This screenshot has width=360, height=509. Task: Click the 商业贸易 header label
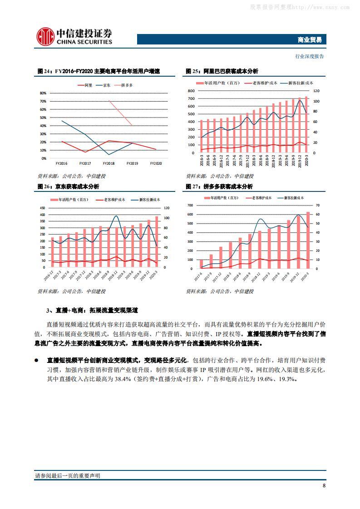(311, 39)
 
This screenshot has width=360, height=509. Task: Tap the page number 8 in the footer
(324, 485)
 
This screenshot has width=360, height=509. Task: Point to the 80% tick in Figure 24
(44, 93)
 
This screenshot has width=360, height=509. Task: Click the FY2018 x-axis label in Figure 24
(108, 163)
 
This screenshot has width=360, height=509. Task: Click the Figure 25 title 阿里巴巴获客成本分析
(231, 71)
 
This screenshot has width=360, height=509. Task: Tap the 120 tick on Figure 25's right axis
(316, 91)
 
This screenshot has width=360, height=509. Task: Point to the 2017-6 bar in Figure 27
(201, 264)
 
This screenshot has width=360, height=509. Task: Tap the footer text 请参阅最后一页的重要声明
(68, 475)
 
